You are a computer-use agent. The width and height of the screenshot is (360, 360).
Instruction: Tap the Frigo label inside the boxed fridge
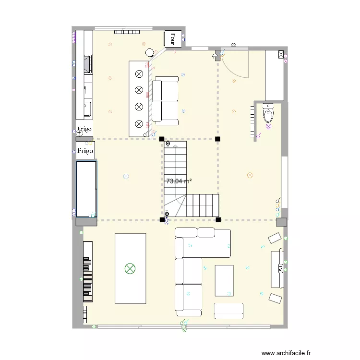click(85, 151)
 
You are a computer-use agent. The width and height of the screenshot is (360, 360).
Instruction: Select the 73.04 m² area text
click(179, 181)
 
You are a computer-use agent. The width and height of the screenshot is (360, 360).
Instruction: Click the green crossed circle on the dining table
click(130, 268)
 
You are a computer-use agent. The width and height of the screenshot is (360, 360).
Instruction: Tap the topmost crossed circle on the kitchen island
click(139, 74)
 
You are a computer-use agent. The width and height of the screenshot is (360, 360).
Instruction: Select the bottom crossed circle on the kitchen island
click(139, 123)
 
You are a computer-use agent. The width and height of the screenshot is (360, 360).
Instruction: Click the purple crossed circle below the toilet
click(268, 127)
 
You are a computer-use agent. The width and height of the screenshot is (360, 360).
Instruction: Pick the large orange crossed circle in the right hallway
click(250, 175)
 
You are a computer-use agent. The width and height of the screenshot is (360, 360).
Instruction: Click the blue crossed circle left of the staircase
click(126, 176)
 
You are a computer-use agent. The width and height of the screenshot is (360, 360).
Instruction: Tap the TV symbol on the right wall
click(278, 269)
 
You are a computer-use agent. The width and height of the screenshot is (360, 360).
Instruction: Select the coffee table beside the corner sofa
click(224, 280)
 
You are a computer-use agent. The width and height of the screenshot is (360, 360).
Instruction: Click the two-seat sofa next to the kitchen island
click(165, 100)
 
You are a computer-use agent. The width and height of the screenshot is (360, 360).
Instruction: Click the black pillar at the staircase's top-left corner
click(161, 139)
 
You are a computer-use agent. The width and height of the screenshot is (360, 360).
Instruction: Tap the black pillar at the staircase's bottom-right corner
click(218, 220)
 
